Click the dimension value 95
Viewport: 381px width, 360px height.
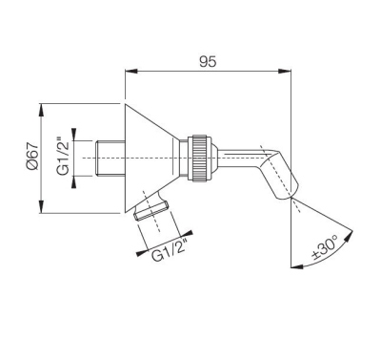[x=208, y=59]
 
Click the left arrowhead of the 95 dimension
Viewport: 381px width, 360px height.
[x=130, y=72]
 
